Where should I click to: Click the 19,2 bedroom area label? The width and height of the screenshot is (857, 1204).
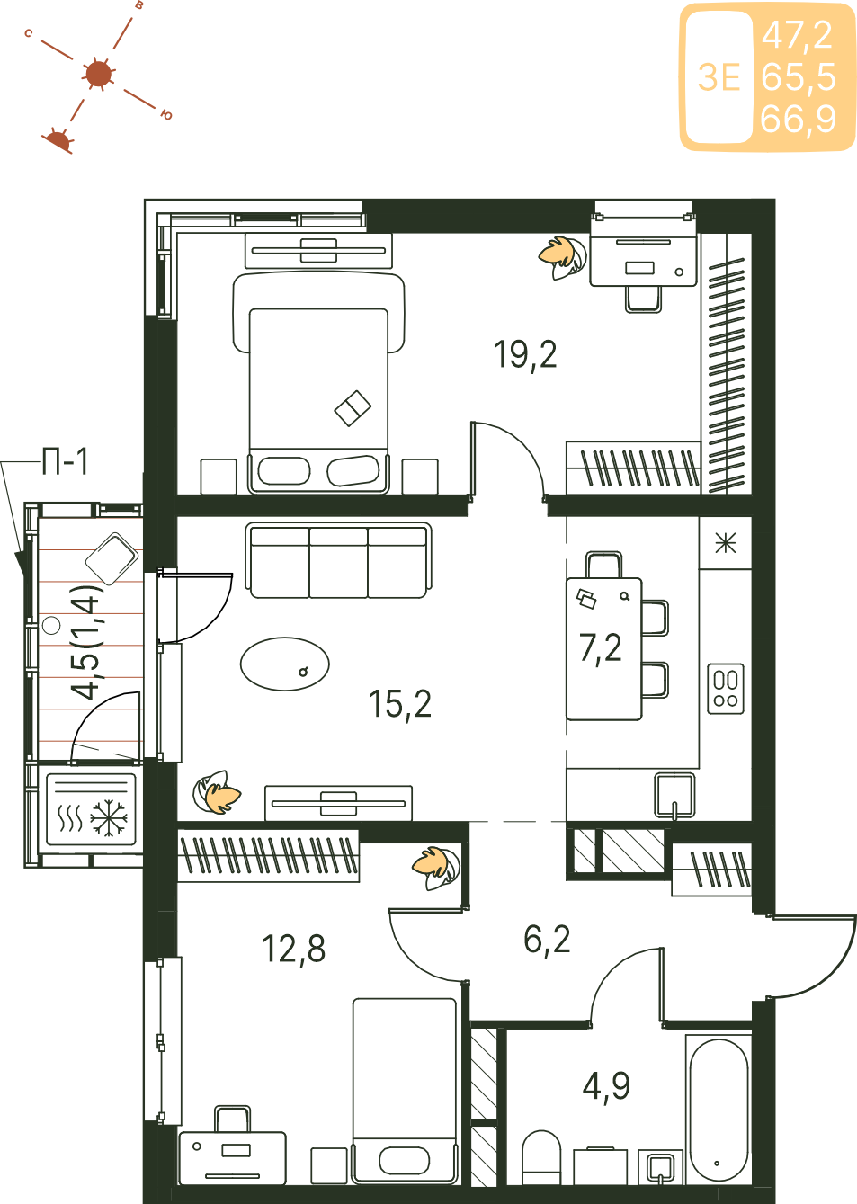point(525,355)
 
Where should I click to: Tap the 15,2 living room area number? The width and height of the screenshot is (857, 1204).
point(400,703)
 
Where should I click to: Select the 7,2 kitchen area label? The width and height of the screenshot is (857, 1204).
point(601,647)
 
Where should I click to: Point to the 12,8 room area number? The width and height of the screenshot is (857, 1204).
point(294,949)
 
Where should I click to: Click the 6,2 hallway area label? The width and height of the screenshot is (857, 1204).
point(547,940)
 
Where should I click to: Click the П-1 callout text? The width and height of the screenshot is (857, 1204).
point(65,461)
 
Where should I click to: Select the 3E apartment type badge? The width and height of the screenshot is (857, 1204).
point(719,77)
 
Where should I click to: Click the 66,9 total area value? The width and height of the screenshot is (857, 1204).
point(798,119)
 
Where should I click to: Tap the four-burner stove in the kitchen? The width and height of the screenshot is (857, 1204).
point(726,689)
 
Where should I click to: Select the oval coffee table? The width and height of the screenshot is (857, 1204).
point(284,664)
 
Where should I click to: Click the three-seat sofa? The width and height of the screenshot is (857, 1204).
point(339,560)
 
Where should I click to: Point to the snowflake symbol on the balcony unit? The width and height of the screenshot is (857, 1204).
point(109,819)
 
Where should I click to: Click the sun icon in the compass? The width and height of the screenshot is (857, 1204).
point(98,74)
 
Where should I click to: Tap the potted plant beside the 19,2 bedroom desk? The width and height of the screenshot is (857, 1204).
point(563,257)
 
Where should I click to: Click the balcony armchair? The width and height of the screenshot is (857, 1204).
point(112,558)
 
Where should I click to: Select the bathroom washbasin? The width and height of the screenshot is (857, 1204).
point(660,1167)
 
